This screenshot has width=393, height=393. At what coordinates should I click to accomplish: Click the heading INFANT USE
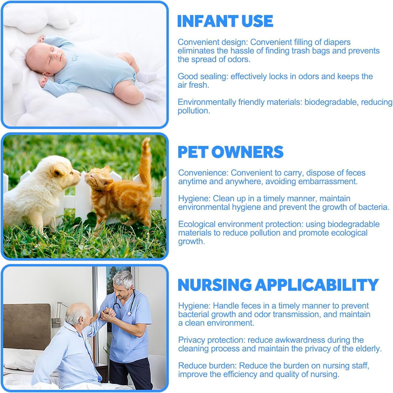[225, 21]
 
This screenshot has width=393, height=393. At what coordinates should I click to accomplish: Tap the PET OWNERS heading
[230, 152]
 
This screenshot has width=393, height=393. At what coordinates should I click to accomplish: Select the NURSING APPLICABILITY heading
[278, 285]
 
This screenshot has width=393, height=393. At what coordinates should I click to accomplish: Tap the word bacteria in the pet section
[373, 207]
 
